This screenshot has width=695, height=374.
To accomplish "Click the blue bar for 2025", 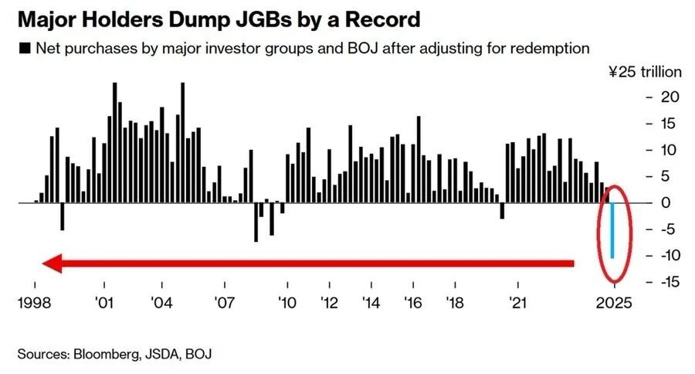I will [612, 229].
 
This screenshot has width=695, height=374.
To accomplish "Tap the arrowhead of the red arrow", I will [50, 264].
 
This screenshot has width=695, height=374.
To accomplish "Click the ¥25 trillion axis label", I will [646, 73].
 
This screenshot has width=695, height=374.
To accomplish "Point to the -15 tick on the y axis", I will [665, 281].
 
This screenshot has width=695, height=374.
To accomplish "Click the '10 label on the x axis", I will [287, 303].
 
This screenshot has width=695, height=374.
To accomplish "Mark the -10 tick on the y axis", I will [665, 255].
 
